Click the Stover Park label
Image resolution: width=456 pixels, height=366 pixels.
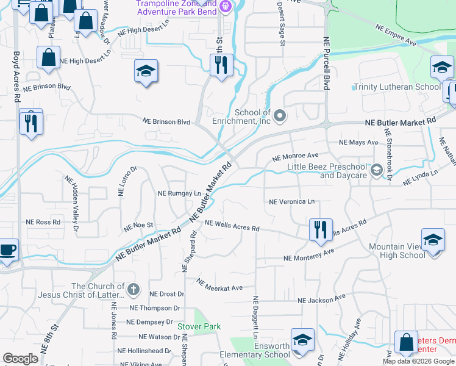pyautogui.click(x=199, y=326)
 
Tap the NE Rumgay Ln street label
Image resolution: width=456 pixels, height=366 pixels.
pyautogui.click(x=179, y=193)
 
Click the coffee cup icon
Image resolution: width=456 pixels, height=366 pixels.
pyautogui.click(x=8, y=249)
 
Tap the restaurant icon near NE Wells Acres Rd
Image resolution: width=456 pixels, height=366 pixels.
pyautogui.click(x=321, y=229)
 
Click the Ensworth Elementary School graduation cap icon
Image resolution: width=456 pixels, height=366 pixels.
pyautogui.click(x=302, y=340)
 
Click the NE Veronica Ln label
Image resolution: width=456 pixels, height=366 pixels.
pyautogui.click(x=291, y=201)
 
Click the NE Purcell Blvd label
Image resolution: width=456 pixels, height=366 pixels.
pyautogui.click(x=326, y=63)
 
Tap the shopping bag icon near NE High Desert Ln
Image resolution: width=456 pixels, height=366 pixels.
pyautogui.click(x=48, y=58)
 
